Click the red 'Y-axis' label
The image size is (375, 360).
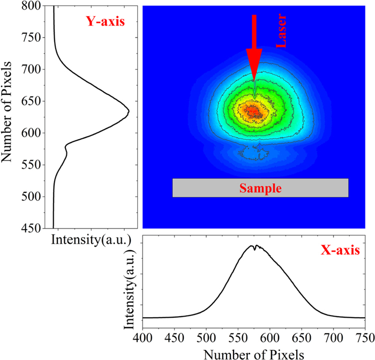pyautogui.click(x=105, y=22)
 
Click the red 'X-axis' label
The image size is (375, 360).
pyautogui.click(x=340, y=251)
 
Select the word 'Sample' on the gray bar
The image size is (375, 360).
pyautogui.click(x=260, y=188)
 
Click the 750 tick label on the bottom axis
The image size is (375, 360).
pyautogui.click(x=364, y=336)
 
